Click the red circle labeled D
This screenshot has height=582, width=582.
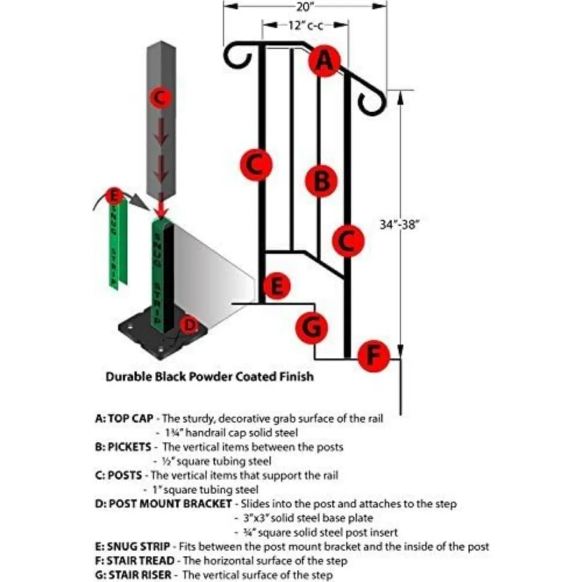[189, 325]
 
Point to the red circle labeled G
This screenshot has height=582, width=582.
[313, 328]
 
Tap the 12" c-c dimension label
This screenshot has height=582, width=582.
[305, 26]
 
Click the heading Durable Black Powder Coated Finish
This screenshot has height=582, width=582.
[209, 377]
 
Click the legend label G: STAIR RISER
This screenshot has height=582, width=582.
[134, 575]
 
